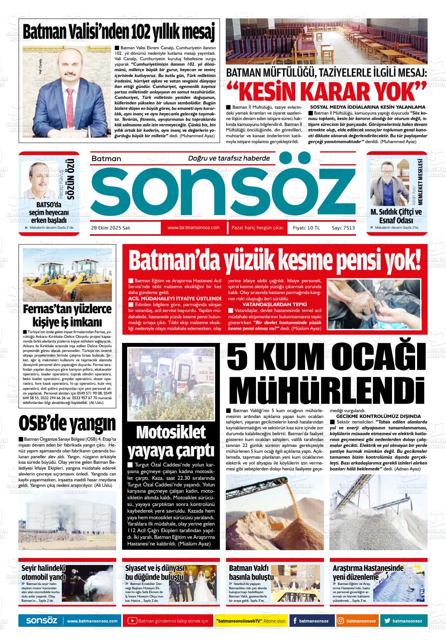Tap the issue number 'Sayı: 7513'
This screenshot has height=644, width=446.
coord(343,228)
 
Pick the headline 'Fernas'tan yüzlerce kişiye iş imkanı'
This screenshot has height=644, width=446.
coord(67,316)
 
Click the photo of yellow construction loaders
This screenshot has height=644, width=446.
coord(67,274)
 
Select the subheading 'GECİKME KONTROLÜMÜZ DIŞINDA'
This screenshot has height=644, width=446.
coord(376,416)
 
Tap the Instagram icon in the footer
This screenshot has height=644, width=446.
coord(341,621)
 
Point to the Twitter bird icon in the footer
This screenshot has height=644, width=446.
coord(387,621)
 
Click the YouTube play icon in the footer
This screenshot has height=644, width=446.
coord(132,621)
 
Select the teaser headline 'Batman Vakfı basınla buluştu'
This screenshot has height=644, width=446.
coord(251,572)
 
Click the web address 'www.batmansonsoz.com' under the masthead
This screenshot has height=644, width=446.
coord(193,228)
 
